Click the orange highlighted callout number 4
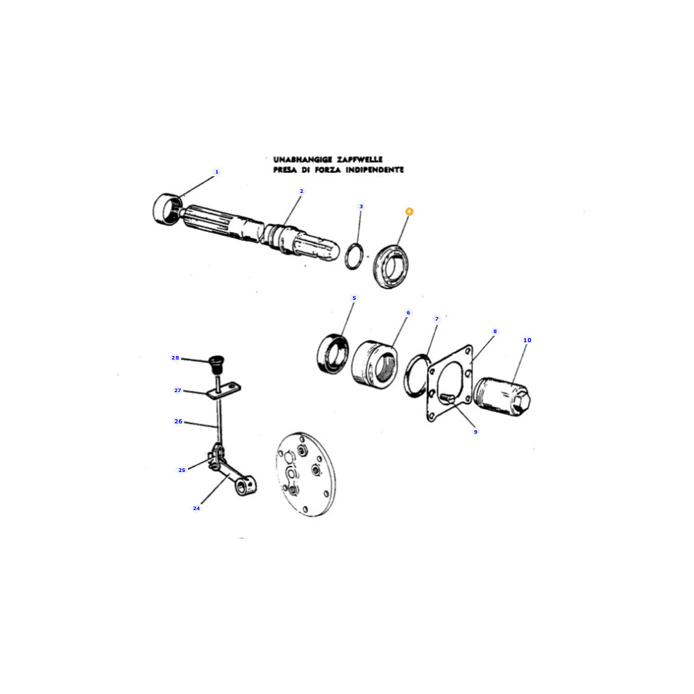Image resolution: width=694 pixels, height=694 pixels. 409,212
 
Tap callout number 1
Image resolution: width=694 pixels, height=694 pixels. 217,171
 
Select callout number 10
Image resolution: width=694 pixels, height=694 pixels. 527,340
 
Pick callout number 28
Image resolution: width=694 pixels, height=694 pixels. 176,357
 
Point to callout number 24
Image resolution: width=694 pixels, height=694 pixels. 196,508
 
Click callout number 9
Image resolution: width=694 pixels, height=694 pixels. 475,432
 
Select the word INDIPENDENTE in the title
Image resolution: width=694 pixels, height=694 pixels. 375,169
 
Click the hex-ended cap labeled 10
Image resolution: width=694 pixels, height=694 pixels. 502,397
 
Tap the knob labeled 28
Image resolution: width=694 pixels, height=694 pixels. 217,364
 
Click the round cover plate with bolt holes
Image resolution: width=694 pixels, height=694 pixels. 305,474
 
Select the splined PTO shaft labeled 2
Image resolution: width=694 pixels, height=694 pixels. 259,232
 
